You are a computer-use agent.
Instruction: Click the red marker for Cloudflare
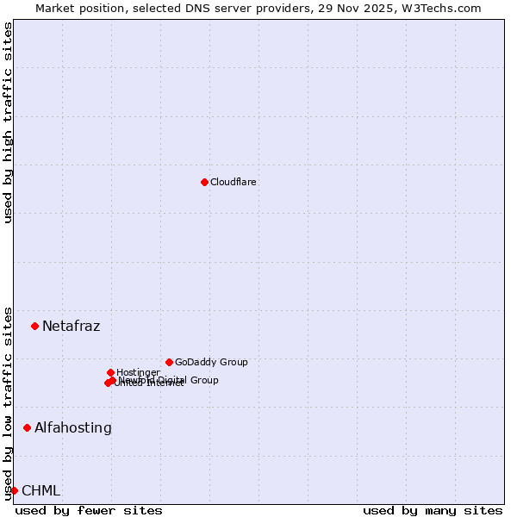coord(204,182)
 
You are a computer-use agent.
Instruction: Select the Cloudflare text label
coord(234,183)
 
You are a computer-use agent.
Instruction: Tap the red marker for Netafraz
coord(35,326)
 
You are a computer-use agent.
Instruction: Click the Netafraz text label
coord(71,326)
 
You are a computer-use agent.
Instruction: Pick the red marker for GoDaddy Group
coord(169,362)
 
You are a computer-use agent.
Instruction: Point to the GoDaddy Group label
coord(211,363)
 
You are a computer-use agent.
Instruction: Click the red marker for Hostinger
coord(110,372)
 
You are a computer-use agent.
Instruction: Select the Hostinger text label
coord(138,372)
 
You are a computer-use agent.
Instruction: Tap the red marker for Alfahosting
coord(28,427)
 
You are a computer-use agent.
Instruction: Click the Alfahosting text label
coord(73,427)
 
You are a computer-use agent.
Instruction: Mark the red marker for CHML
coord(14,490)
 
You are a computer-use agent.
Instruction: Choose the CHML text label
coord(40,491)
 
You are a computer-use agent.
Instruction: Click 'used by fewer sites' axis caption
coord(89,511)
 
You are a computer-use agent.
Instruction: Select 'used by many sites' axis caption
coord(433,511)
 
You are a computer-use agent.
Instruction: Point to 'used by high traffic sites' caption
coord(8,122)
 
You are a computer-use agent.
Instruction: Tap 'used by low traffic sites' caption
coord(8,402)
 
